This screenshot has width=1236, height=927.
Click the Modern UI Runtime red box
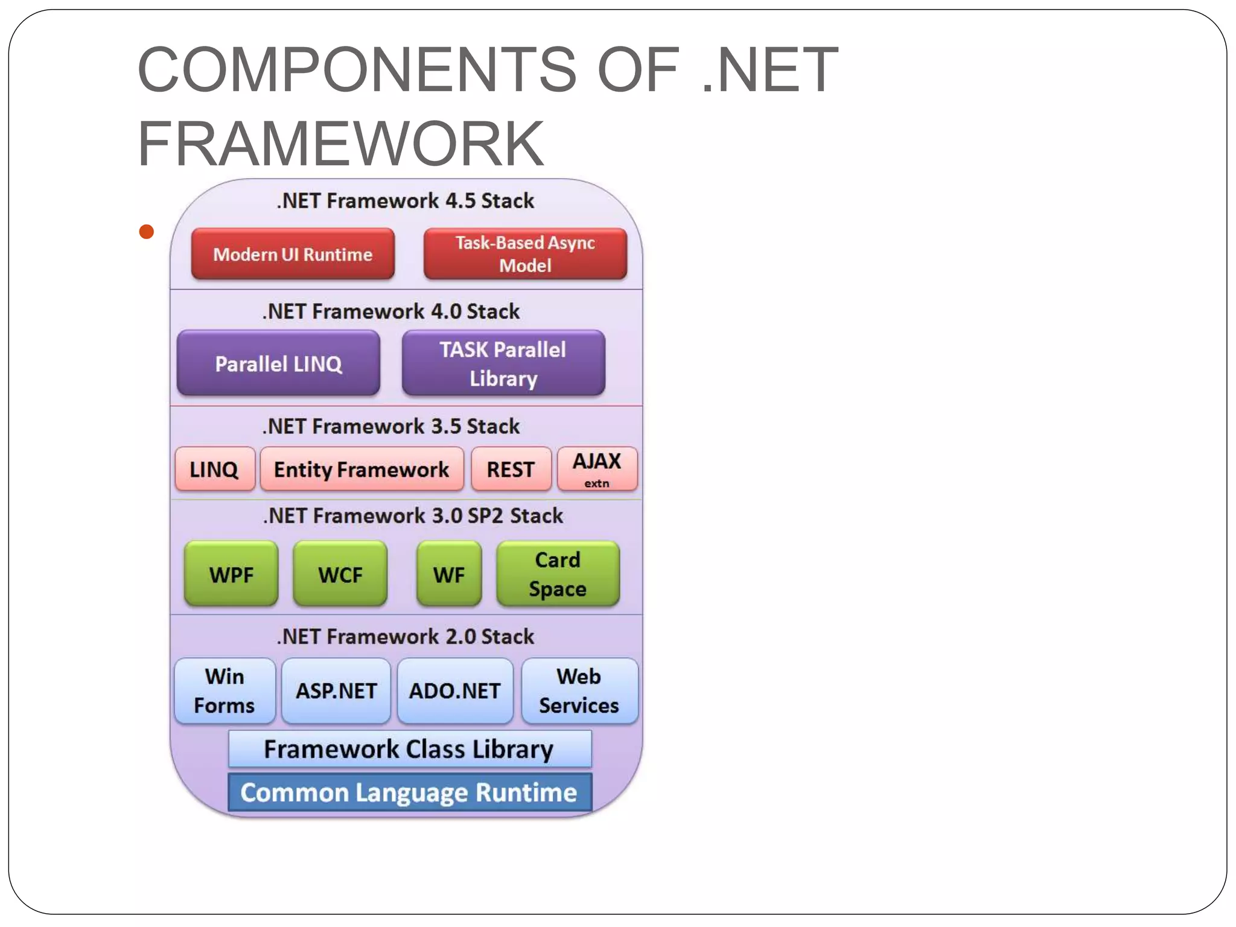(x=293, y=254)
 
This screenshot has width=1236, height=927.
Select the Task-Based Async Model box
(x=525, y=254)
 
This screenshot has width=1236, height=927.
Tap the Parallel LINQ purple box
(x=278, y=363)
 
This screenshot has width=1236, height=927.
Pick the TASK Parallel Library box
(x=503, y=363)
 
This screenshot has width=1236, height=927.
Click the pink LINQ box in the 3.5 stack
(x=215, y=469)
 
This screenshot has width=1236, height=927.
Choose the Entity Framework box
(x=362, y=469)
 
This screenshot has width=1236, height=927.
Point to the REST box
(x=511, y=469)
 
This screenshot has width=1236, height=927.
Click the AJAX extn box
(x=597, y=469)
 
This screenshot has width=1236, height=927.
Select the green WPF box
(x=231, y=574)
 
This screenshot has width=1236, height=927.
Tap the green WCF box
(x=340, y=574)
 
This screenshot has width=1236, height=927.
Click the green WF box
(x=449, y=574)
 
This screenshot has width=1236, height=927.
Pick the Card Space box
(x=558, y=574)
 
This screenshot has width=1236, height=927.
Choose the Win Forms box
(x=225, y=691)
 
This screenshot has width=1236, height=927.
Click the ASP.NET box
(x=336, y=691)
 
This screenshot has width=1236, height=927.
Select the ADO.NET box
(x=455, y=691)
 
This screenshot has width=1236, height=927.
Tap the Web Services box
(x=579, y=691)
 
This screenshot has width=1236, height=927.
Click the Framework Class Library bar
(x=409, y=749)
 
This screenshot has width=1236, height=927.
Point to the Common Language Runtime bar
(x=409, y=792)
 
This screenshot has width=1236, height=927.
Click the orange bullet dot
(x=146, y=232)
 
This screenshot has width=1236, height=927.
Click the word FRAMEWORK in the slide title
(x=341, y=144)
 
